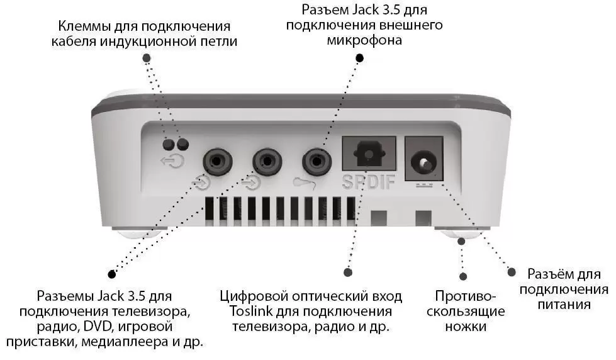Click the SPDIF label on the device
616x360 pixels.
[x=369, y=182]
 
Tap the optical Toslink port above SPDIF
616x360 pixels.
[x=369, y=153]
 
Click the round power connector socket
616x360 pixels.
[x=423, y=162]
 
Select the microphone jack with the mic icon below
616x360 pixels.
[x=316, y=161]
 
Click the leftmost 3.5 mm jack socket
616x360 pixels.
[x=217, y=161]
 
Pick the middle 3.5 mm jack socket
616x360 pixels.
[x=267, y=161]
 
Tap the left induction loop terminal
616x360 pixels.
[x=169, y=144]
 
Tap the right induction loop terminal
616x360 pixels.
[x=182, y=144]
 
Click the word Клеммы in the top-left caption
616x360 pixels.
[x=84, y=26]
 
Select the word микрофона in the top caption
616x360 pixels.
[x=364, y=40]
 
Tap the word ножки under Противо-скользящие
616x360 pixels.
[x=466, y=326]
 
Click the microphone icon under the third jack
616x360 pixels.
[x=305, y=183]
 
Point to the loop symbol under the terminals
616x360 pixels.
[x=172, y=160]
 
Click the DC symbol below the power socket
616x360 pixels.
[x=424, y=184]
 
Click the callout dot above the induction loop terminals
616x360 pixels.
[x=147, y=58]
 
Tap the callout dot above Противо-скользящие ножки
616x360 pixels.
[x=463, y=277]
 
